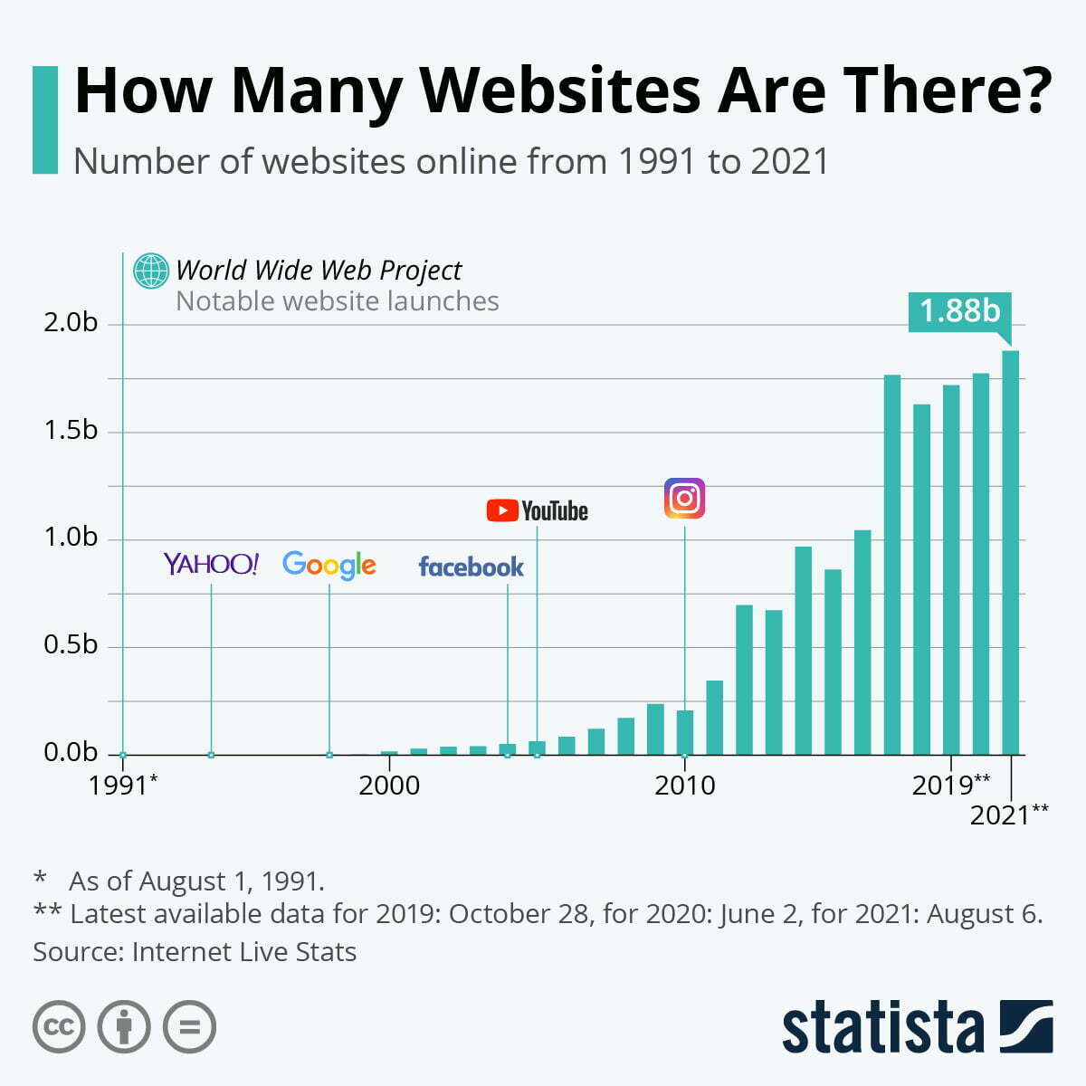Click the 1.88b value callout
pos(959,311)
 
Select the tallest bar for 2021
pos(1010,552)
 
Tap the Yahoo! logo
pos(211,564)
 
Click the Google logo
pos(329,565)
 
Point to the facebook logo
pos(471,567)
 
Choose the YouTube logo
pos(537,511)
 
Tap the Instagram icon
pos(684,499)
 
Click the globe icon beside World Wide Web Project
pos(150,271)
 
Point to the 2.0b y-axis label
pos(71,323)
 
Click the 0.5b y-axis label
pos(71,645)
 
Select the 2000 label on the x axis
pos(389,785)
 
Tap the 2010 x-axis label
pos(684,785)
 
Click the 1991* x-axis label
pos(123,785)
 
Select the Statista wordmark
pos(882,1028)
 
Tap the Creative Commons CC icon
pos(59,1027)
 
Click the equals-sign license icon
pos(190,1027)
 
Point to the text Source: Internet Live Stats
pos(195,952)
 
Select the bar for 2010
pos(685,732)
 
